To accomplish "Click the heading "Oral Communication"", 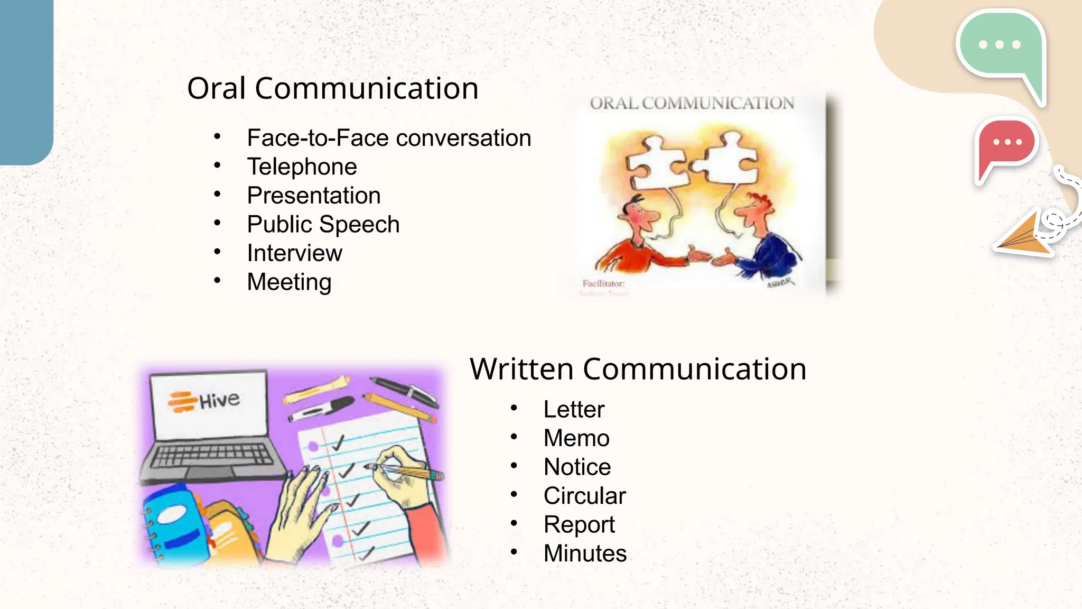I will [333, 88].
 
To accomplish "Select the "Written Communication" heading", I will [638, 369].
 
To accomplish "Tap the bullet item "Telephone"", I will [302, 167].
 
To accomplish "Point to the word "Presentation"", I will [314, 196].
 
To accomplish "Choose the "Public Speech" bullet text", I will [323, 225].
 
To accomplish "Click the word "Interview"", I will [294, 253].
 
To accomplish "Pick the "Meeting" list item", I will [289, 282].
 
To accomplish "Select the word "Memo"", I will [576, 438].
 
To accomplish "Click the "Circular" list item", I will [584, 496].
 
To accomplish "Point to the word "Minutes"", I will [585, 553].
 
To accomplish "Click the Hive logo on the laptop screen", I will [204, 401].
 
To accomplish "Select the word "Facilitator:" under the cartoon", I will [603, 283].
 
